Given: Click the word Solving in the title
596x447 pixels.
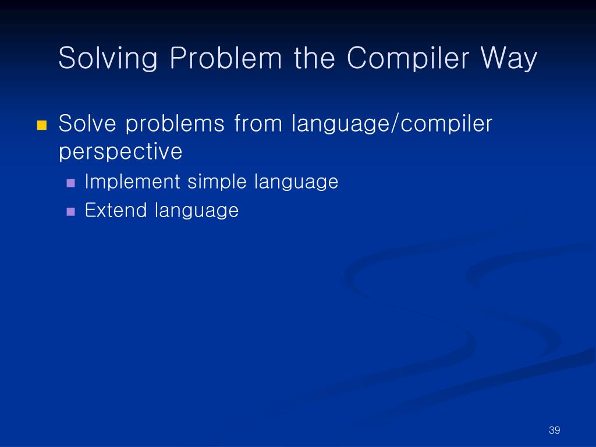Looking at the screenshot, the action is (108, 58).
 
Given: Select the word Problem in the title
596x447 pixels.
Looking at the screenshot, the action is (226, 58).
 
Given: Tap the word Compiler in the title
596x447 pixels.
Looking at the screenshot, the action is (408, 58).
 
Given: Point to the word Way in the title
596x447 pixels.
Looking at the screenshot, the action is (509, 58).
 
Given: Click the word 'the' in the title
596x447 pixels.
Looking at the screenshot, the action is (314, 58).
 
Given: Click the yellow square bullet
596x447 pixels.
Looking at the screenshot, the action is (42, 125).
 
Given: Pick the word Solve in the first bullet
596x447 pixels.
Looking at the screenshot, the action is (87, 123).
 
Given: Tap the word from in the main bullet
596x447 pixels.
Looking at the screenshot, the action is (258, 123).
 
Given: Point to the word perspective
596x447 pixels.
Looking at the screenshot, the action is (120, 152).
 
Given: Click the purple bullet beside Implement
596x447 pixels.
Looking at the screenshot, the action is (70, 183).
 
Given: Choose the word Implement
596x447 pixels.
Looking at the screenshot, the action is (132, 182).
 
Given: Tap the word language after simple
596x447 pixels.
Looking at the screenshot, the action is (296, 182).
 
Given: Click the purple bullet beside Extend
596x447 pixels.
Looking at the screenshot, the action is (70, 212).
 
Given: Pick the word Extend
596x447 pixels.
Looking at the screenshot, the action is (116, 210).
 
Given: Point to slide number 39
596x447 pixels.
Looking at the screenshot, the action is (554, 430).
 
